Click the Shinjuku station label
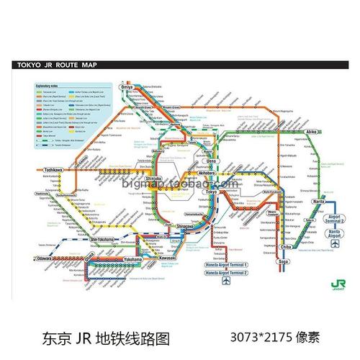tap(154, 179)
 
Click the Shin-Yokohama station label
tap(104, 242)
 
